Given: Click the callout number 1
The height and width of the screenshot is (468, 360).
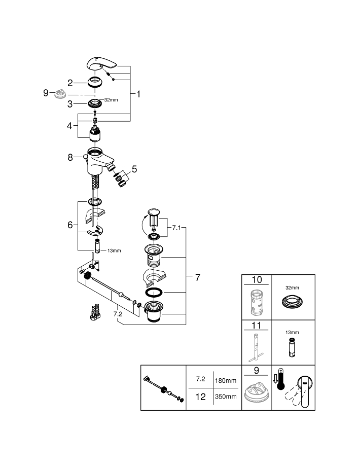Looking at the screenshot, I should (x=138, y=94).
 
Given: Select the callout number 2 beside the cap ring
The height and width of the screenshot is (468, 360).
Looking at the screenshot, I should (x=71, y=82).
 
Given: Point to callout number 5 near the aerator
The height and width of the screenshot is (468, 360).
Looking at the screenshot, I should (x=134, y=169).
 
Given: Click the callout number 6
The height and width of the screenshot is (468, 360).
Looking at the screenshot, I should (x=70, y=225).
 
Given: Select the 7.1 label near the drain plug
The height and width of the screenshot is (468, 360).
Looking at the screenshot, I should (x=175, y=229).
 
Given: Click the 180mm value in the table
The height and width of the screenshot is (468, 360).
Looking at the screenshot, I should (x=225, y=380).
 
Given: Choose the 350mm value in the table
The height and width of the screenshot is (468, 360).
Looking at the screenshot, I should (x=225, y=397).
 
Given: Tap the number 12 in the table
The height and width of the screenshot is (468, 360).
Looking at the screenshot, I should (x=201, y=397).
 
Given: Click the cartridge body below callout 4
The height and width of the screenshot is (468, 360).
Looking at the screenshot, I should (x=95, y=135).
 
